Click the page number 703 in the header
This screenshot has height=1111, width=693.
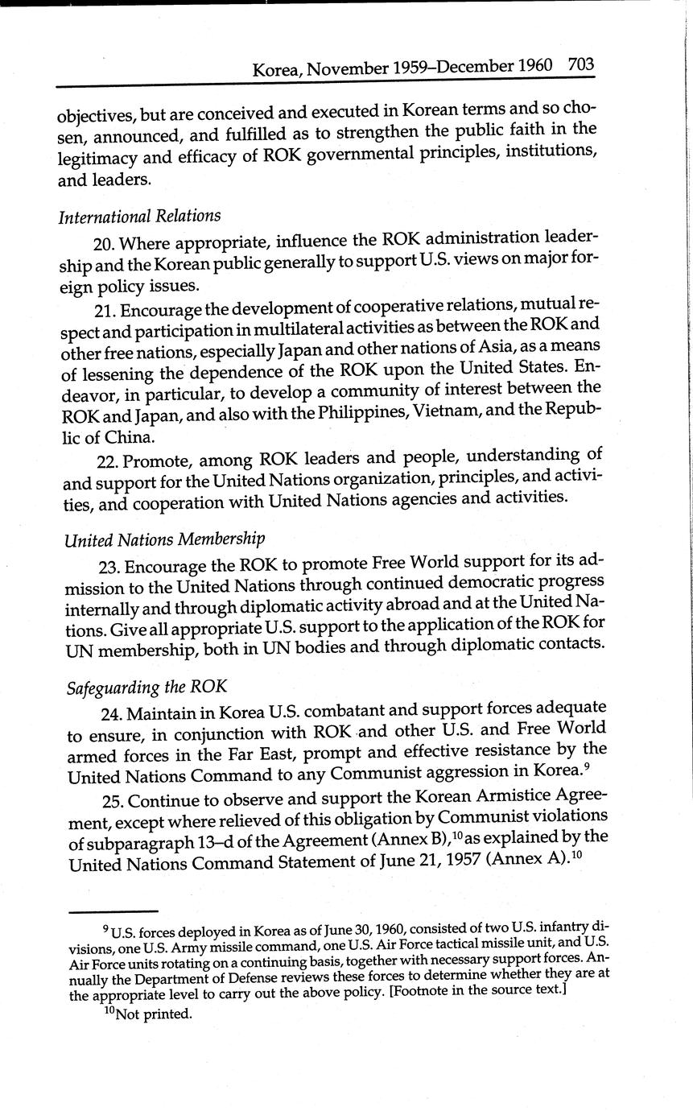[x=580, y=64]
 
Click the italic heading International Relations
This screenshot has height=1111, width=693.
[x=139, y=216]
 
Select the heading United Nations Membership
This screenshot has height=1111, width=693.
[x=164, y=538]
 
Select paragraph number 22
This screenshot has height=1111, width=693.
[x=109, y=462]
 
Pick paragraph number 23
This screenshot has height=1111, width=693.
[x=110, y=562]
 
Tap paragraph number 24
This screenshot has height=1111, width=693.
[x=112, y=713]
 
